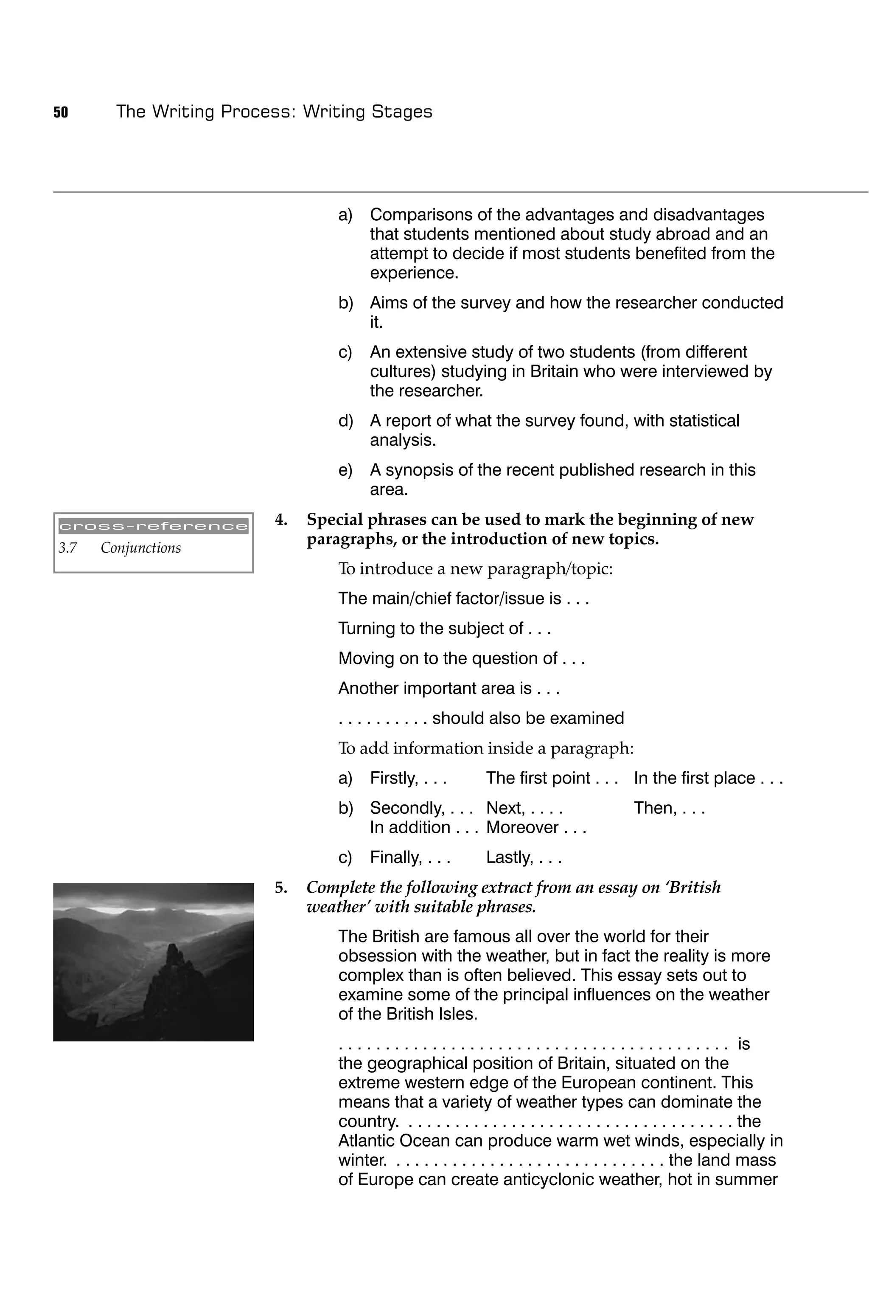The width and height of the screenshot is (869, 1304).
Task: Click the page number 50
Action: (x=61, y=112)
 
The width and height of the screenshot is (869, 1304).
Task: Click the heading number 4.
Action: (x=281, y=520)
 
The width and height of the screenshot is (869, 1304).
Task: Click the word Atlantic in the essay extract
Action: (x=366, y=1141)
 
